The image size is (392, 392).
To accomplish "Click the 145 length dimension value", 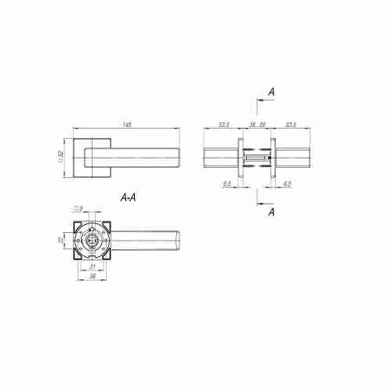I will [x=127, y=124].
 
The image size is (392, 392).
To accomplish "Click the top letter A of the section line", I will [x=270, y=93].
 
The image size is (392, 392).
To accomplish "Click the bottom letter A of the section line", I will [x=270, y=212].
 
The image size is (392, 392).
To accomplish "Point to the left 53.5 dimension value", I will [x=223, y=124].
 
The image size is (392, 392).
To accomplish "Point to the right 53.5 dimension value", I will [x=291, y=124].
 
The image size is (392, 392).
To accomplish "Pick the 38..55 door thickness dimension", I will [x=256, y=124].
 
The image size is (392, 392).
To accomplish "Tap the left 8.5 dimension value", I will [x=227, y=184].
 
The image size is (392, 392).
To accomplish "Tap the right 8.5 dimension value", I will [x=287, y=184].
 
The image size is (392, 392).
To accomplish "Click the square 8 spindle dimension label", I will [x=78, y=209].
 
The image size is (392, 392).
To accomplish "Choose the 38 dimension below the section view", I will [x=93, y=277].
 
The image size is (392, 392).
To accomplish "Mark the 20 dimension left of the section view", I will [x=61, y=241].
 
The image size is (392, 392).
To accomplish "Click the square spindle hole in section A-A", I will [x=93, y=241].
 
